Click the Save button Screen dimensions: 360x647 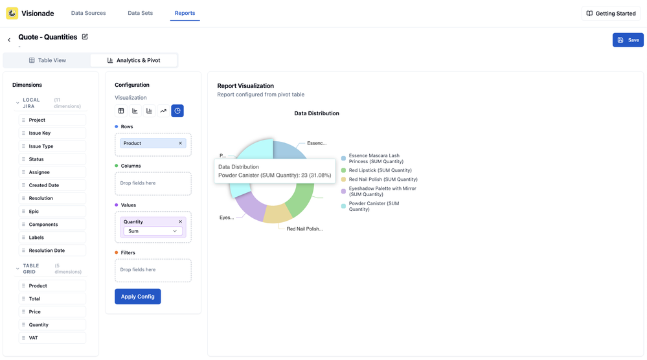point(628,40)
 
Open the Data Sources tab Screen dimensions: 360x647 point(88,13)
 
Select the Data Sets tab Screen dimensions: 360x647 point(140,13)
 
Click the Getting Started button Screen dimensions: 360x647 point(611,14)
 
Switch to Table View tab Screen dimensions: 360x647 point(47,60)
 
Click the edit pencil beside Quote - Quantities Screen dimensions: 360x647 point(85,37)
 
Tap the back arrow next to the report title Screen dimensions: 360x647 point(9,40)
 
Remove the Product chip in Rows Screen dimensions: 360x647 point(180,143)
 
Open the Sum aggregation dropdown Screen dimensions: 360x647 point(153,231)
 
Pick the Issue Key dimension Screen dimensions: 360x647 point(40,133)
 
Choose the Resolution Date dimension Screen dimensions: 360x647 point(47,251)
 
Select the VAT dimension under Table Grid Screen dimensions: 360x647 point(33,338)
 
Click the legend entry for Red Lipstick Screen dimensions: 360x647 point(380,170)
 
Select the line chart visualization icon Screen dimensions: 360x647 point(163,111)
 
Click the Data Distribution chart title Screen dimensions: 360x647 point(317,113)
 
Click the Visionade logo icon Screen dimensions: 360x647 point(12,13)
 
